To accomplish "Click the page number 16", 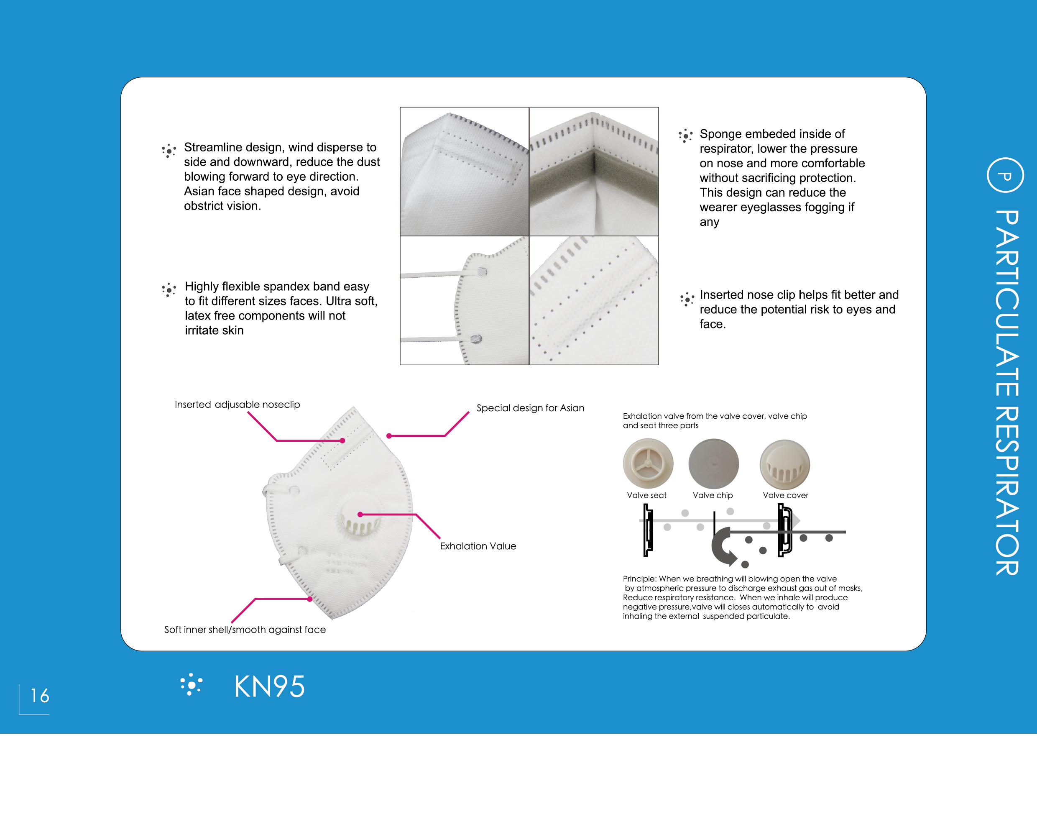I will click(x=40, y=695).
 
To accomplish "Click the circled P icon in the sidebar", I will click(x=1005, y=175).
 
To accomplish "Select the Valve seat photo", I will click(x=648, y=464).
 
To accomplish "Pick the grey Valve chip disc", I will click(x=713, y=464).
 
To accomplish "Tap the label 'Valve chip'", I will click(x=713, y=495).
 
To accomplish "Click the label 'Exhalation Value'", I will click(x=478, y=546).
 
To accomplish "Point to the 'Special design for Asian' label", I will click(x=530, y=408).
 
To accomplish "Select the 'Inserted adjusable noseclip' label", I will click(x=237, y=405).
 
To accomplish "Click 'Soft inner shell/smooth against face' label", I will click(x=245, y=629).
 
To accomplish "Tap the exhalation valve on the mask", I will click(x=359, y=517).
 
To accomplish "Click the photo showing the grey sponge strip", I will click(x=594, y=172).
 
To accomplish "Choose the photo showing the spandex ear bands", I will click(x=464, y=301).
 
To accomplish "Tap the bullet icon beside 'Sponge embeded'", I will click(x=685, y=136).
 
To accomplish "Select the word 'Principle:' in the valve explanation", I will click(x=639, y=579).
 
